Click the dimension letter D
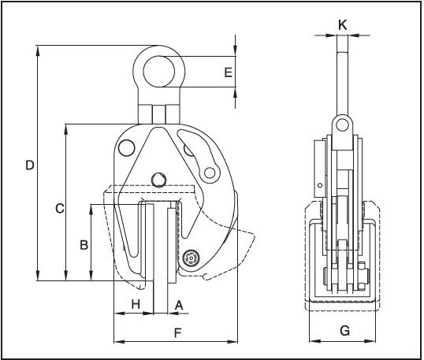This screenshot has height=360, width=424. pos(29,165)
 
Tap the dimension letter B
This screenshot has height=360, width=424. pos(84,245)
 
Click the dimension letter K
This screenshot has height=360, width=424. pos(341,24)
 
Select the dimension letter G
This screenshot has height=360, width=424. pos(344,332)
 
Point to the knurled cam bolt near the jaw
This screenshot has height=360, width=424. pos(190,258)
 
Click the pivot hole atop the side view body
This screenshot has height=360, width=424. pos(340,124)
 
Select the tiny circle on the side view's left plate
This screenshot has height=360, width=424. pos(319,187)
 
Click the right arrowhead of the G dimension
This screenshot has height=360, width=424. pos(378,342)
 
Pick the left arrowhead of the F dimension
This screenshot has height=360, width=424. pos(118,342)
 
